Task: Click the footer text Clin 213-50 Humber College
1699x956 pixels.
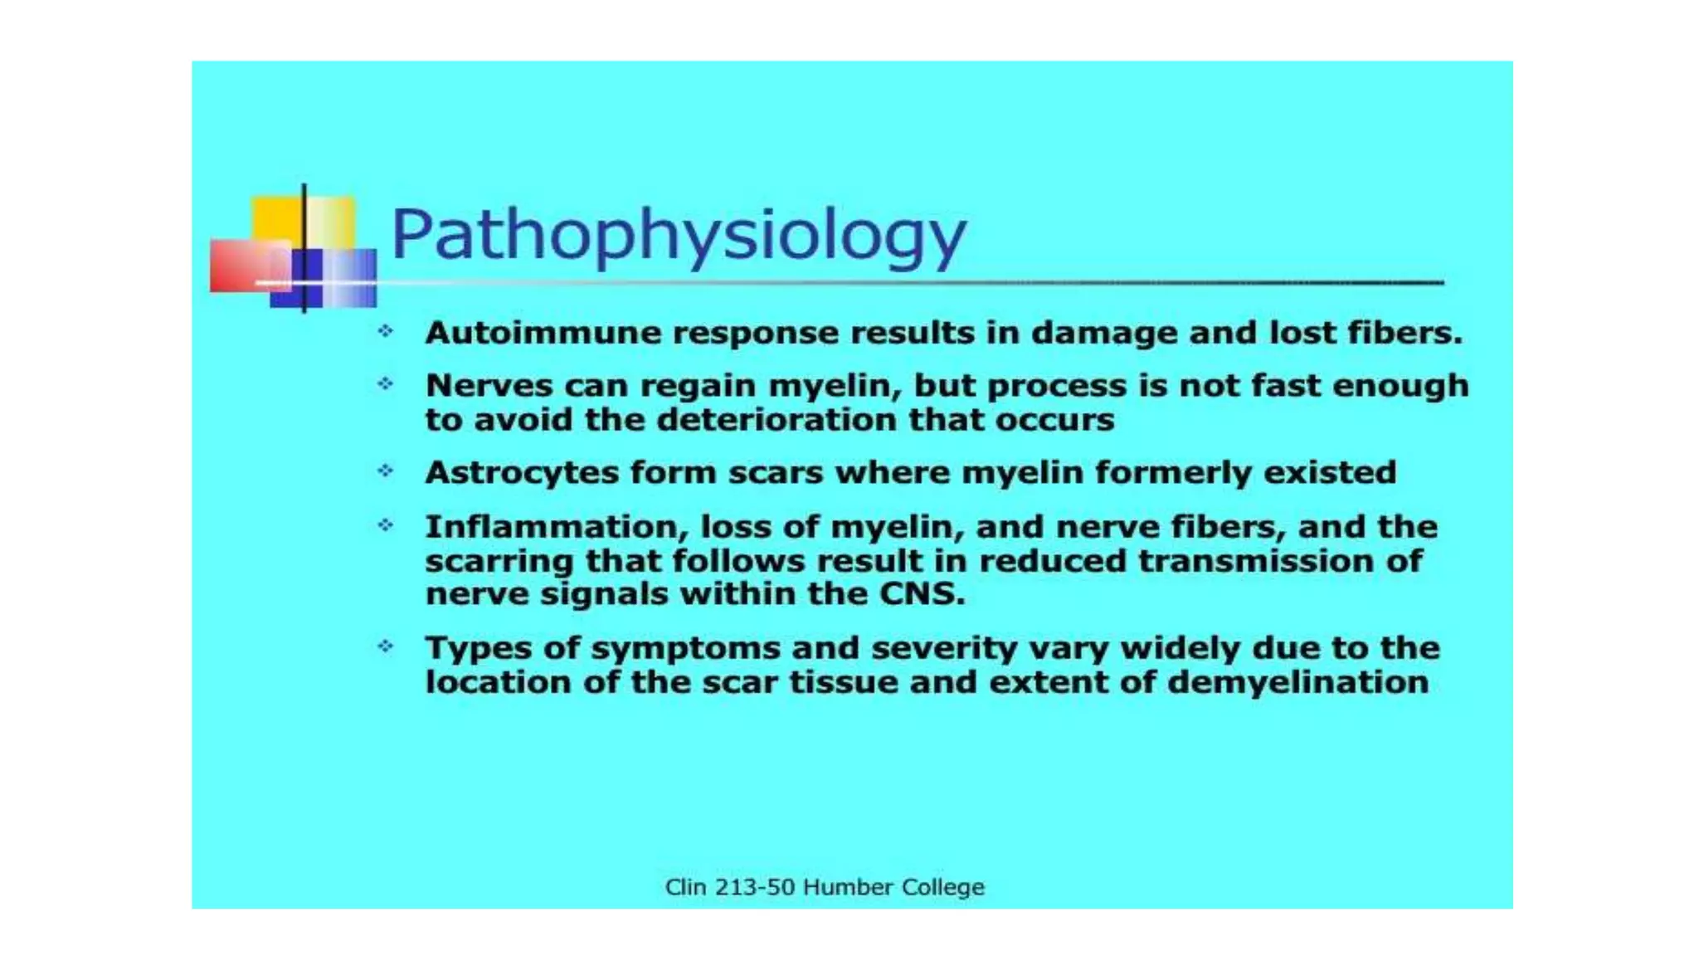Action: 825,887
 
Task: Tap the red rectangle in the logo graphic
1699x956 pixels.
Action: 241,266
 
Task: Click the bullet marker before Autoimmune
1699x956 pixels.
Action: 386,332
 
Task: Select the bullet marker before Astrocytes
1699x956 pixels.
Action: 386,471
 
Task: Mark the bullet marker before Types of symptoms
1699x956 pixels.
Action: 386,646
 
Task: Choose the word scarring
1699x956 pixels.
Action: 499,561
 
